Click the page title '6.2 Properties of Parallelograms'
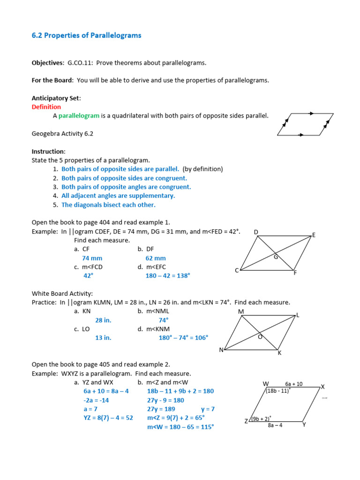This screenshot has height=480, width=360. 86,36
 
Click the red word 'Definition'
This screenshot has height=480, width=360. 46,107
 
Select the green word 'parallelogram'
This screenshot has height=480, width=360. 79,116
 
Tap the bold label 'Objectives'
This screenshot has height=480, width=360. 47,63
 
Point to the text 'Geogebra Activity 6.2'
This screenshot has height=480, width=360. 62,134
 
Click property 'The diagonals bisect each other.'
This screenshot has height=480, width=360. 108,205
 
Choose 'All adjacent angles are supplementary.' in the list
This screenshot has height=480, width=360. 118,196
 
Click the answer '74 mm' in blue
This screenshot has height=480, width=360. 92,258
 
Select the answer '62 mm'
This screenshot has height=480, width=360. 156,258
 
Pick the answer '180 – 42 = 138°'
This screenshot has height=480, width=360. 168,276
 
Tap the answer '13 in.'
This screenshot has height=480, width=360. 103,338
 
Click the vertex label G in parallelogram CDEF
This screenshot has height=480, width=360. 276,257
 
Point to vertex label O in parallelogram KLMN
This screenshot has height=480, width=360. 260,337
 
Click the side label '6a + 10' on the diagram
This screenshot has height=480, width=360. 294,384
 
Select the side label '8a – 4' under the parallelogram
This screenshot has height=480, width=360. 275,426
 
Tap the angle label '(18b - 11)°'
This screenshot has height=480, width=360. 278,390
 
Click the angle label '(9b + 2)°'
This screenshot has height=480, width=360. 261,419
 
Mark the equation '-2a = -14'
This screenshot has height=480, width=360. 97,400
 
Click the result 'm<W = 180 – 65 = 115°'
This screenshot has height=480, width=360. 180,427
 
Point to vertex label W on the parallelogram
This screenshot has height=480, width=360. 266,384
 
